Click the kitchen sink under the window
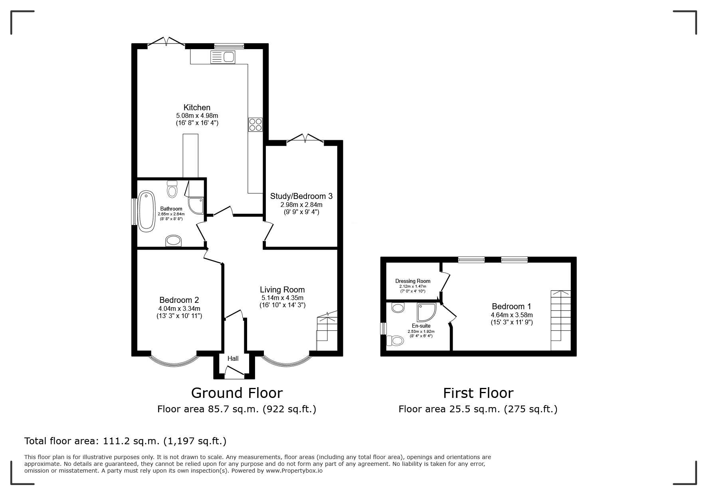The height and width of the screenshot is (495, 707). (222, 57)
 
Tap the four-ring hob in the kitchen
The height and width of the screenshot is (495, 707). (255, 125)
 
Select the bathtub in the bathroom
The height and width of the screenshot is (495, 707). (147, 211)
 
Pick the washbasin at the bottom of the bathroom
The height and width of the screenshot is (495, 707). (173, 241)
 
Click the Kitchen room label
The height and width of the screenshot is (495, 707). (197, 107)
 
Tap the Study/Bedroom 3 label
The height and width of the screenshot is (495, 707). (301, 196)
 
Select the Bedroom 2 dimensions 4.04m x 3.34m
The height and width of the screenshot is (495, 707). (179, 308)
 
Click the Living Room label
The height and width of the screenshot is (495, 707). (282, 290)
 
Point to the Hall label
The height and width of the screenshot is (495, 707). (233, 359)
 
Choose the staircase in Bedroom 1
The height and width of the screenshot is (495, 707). (561, 320)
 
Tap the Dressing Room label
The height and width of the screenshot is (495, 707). (413, 281)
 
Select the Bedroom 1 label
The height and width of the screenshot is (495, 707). (511, 306)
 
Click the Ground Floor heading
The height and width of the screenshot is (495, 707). (237, 393)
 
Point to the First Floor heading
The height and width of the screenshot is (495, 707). (478, 393)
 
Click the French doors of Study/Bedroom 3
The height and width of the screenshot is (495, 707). (305, 138)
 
